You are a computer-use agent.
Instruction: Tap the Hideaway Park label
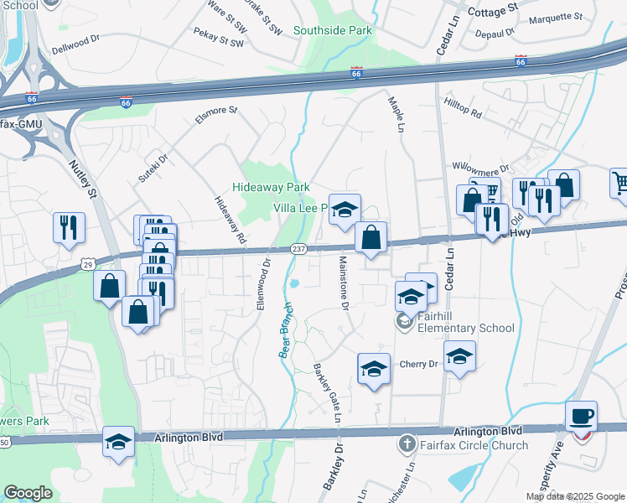click(x=272, y=187)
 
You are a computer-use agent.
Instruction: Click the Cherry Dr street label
click(x=419, y=364)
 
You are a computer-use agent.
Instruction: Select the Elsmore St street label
click(x=216, y=115)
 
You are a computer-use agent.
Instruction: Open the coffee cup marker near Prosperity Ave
click(x=581, y=416)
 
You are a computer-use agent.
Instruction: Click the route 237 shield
click(x=298, y=250)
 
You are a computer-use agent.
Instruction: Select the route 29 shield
click(x=88, y=264)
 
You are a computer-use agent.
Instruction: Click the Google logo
click(x=28, y=493)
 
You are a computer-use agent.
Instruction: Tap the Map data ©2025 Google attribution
click(x=574, y=496)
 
